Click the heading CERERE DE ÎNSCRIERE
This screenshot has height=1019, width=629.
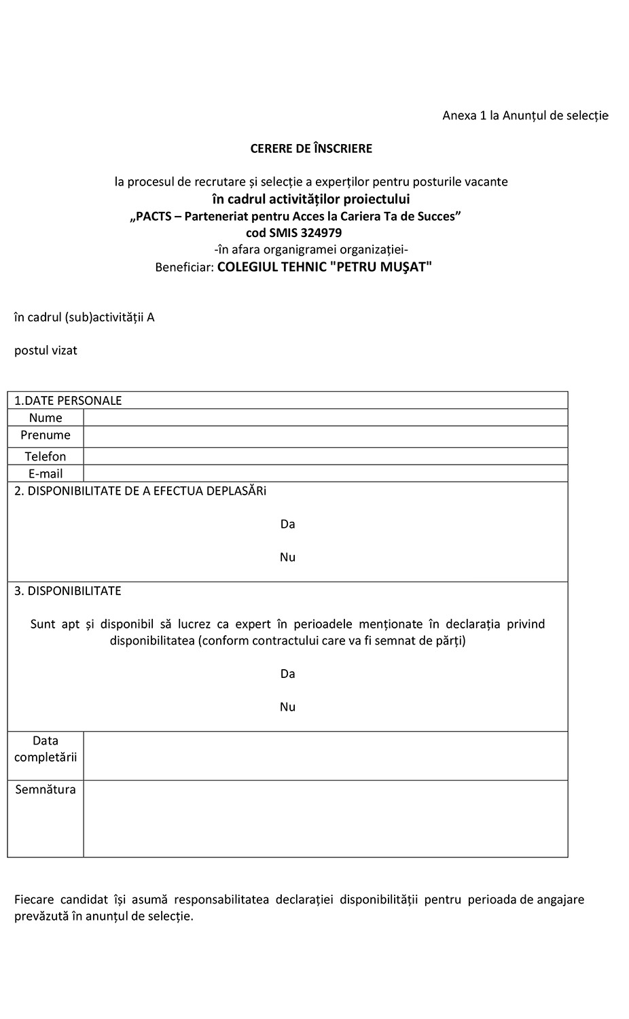[x=311, y=148]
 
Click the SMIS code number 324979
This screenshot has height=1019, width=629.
[x=319, y=232]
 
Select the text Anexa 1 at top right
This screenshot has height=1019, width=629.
[x=465, y=115]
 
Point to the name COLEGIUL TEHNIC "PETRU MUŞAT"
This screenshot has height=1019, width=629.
[x=325, y=266]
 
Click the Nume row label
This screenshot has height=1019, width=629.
[x=46, y=418]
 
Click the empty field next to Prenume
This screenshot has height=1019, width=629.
[x=325, y=435]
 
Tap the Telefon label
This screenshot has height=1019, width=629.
[x=46, y=457]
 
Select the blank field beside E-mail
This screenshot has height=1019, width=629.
[x=325, y=473]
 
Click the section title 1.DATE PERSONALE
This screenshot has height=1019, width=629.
[x=68, y=400]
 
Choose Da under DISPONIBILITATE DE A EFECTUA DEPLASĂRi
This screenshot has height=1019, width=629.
[x=287, y=524]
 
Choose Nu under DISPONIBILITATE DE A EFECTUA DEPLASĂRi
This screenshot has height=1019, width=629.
[x=287, y=557]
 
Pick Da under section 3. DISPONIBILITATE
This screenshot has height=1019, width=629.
[x=287, y=673]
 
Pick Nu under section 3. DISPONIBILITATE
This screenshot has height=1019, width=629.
[x=287, y=707]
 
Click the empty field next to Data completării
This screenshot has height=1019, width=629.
[x=325, y=755]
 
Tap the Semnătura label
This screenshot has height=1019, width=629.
[x=46, y=789]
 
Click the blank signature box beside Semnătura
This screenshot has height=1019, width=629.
[x=325, y=818]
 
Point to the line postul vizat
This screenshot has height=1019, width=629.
[x=46, y=351]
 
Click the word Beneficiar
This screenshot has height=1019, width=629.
[x=184, y=267]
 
